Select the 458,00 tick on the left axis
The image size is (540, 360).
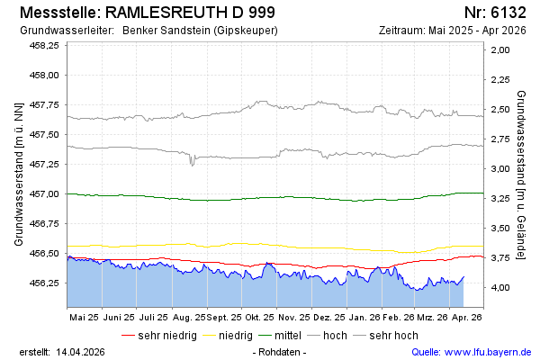coord(44,75)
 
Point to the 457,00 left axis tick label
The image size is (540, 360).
coord(44,193)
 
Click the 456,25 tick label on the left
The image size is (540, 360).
coord(44,283)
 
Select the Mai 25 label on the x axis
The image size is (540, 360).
coord(84,318)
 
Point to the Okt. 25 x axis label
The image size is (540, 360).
coord(261,318)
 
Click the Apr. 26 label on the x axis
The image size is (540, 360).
coord(466,318)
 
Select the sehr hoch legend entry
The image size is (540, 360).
coord(393,336)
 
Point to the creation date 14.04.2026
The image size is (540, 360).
coord(83,351)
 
